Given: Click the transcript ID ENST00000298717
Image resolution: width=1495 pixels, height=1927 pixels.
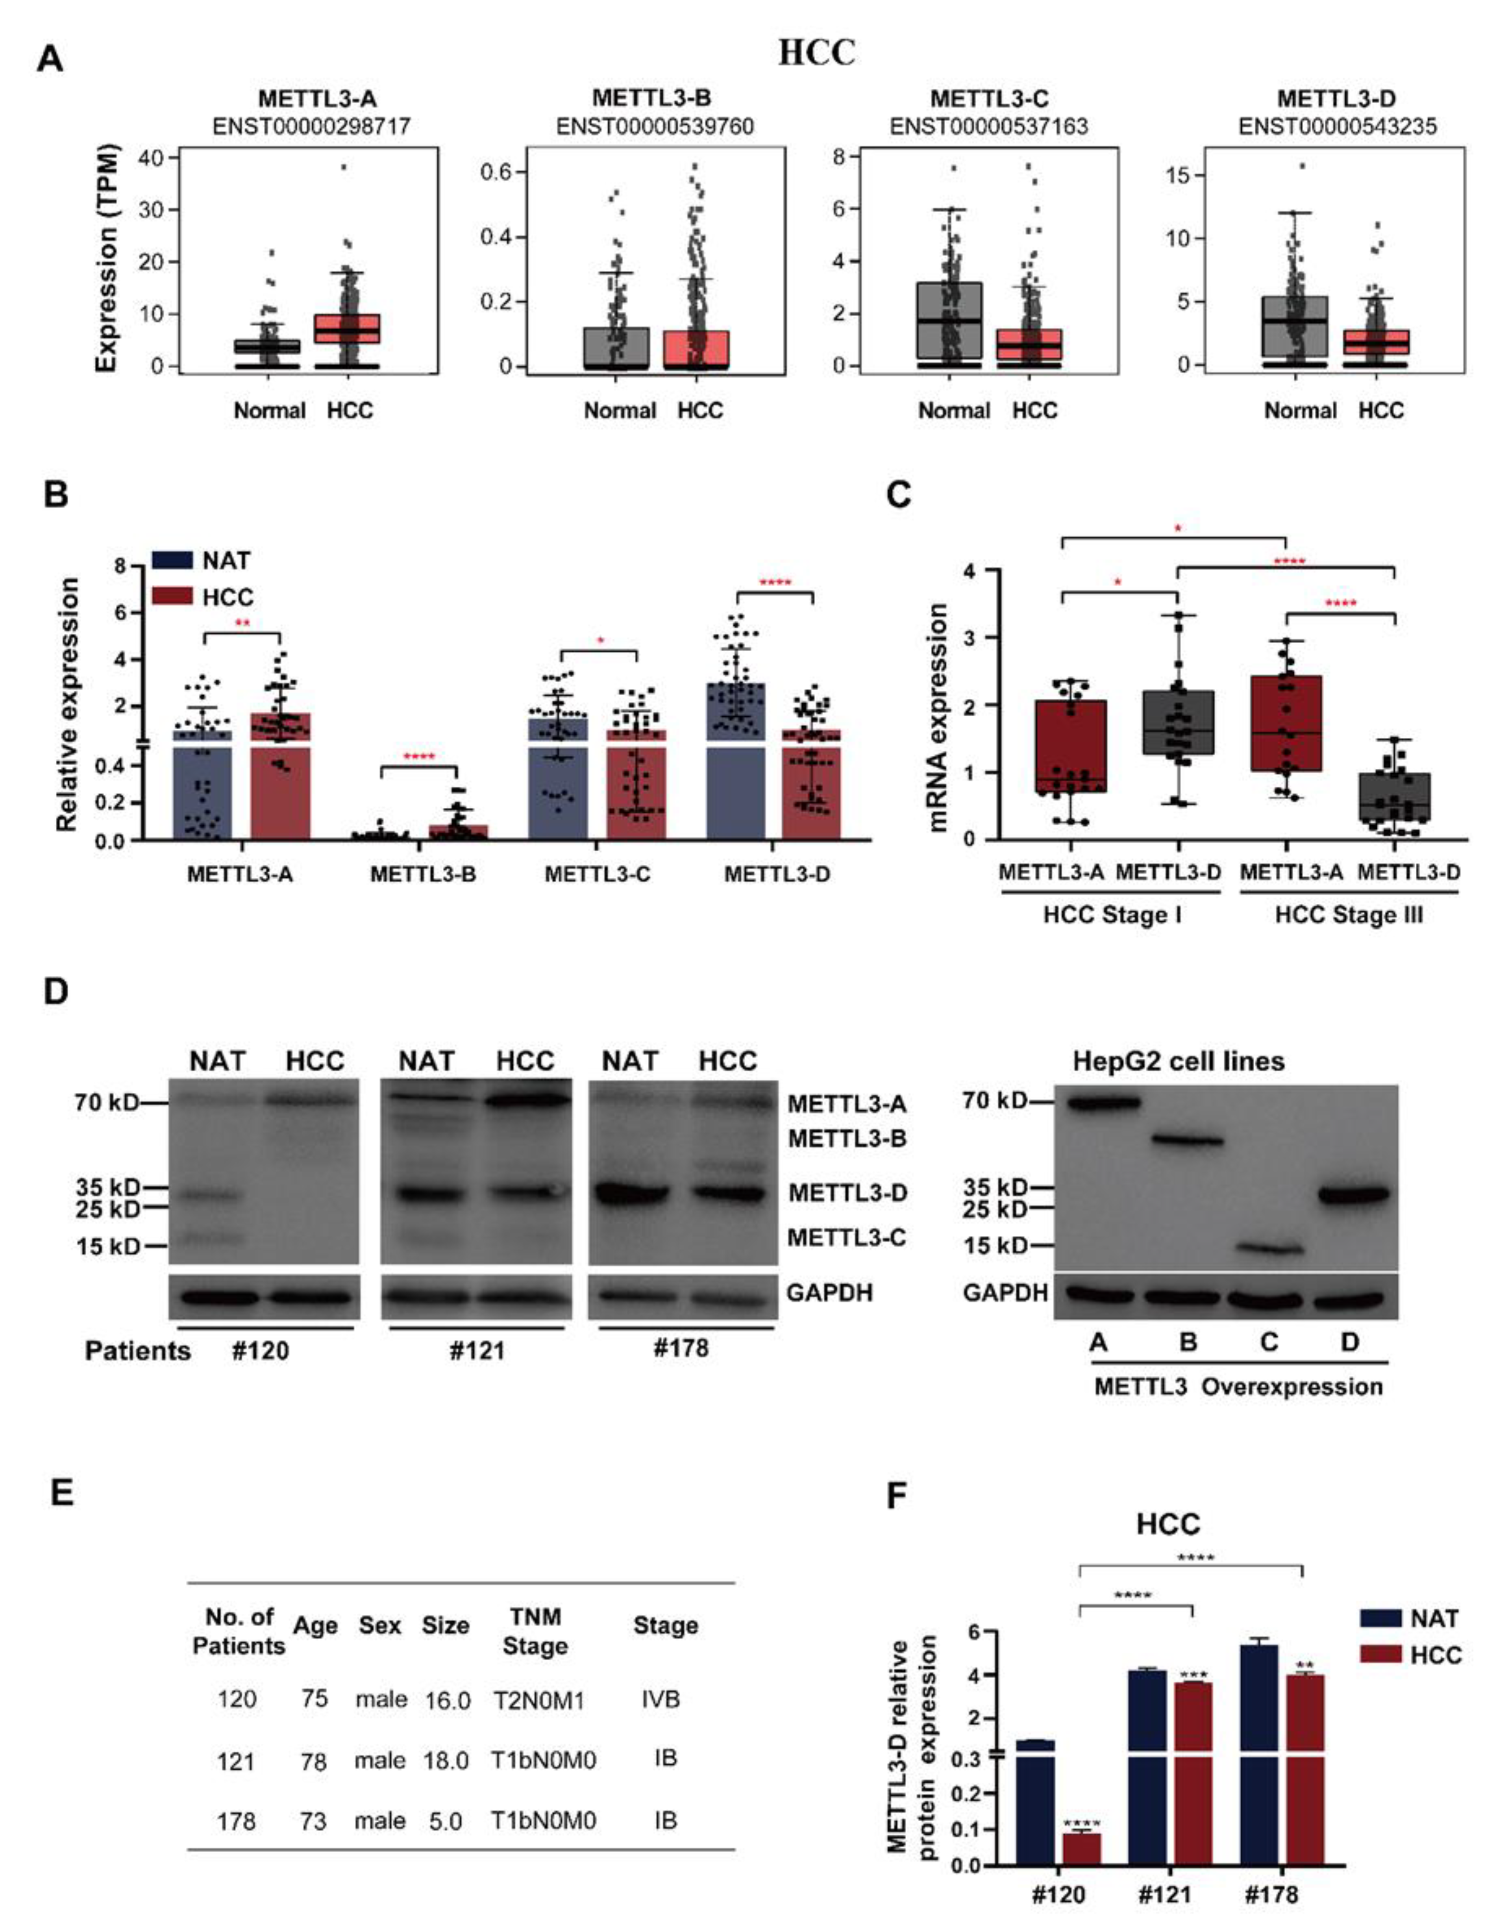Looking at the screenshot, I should (x=311, y=127).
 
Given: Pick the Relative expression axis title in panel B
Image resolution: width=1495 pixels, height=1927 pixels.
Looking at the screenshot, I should (x=67, y=704).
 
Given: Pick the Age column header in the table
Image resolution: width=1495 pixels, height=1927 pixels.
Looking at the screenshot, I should (x=315, y=1625).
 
